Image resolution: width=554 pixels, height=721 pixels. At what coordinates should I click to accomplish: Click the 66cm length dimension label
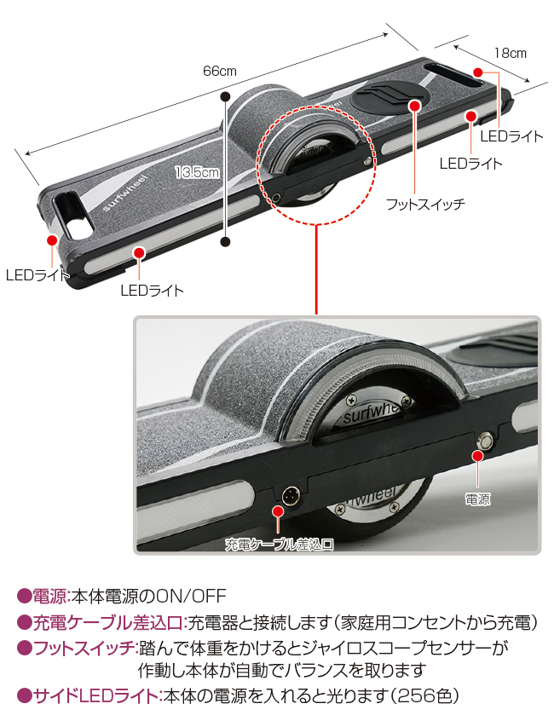point(219,72)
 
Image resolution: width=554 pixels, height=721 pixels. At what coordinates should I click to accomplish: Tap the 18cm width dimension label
point(510,54)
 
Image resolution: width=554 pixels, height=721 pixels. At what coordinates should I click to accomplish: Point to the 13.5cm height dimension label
point(197,172)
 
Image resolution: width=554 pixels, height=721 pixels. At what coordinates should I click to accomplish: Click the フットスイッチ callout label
point(425,204)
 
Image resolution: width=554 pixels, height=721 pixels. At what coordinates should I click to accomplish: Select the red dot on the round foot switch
point(415,106)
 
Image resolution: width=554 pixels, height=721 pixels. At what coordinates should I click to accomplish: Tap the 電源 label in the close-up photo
point(477,499)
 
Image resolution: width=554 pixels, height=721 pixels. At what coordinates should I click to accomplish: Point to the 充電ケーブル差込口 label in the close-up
point(279,545)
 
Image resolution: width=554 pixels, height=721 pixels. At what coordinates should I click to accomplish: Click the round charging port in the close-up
point(291,496)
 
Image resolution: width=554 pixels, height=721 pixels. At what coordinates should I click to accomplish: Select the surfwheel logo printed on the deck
point(124,193)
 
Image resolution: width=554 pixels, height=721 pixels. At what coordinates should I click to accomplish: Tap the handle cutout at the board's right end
point(453,77)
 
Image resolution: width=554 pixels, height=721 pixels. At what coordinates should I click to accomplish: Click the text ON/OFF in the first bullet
point(192,597)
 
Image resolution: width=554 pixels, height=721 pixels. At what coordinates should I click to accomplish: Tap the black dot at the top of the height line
point(225,97)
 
